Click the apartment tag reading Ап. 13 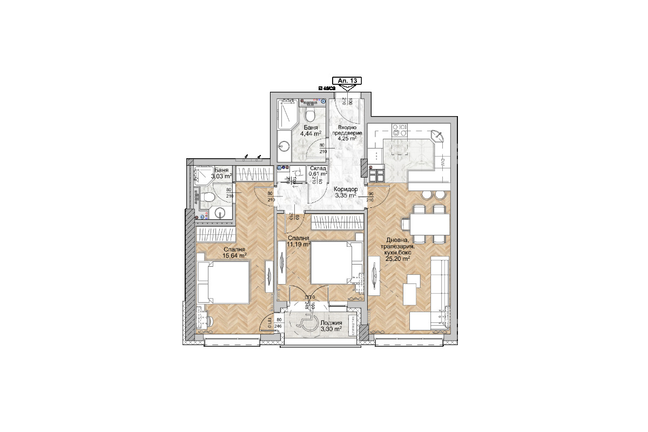pos(346,80)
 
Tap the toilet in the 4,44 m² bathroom pos(310,114)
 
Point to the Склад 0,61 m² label pos(317,170)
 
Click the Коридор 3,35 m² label pos(345,192)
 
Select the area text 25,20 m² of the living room pos(397,258)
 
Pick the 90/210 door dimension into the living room pos(370,197)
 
